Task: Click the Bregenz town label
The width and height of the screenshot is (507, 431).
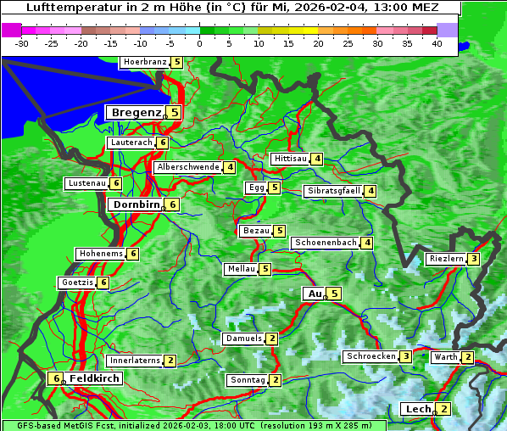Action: pyautogui.click(x=135, y=112)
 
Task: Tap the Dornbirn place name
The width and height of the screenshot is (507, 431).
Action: pyautogui.click(x=136, y=204)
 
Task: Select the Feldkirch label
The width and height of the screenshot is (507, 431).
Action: pyautogui.click(x=94, y=378)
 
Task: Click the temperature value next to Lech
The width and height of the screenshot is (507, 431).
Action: pyautogui.click(x=443, y=409)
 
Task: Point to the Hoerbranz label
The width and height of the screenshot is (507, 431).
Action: pyautogui.click(x=144, y=62)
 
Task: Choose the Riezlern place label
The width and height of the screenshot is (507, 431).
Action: pyautogui.click(x=446, y=259)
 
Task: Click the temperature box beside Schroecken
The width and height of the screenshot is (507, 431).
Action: pyautogui.click(x=406, y=356)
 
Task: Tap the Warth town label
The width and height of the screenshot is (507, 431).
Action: pyautogui.click(x=446, y=357)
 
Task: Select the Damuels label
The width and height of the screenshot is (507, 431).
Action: pyautogui.click(x=243, y=339)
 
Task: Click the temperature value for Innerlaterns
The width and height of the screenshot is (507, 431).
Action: pyautogui.click(x=170, y=361)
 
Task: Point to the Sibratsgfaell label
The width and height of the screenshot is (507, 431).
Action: pyautogui.click(x=333, y=191)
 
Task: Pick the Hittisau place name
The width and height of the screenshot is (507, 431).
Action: pyautogui.click(x=290, y=159)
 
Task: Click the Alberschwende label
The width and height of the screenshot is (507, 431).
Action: pyautogui.click(x=188, y=167)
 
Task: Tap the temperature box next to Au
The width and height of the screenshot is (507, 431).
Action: pyautogui.click(x=335, y=294)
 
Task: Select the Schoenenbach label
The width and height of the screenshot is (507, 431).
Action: pyautogui.click(x=326, y=243)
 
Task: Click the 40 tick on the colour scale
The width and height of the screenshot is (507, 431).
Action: pyautogui.click(x=437, y=42)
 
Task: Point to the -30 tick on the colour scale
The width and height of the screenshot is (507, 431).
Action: pyautogui.click(x=22, y=42)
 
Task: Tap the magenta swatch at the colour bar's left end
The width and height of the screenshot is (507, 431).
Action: pyautogui.click(x=12, y=30)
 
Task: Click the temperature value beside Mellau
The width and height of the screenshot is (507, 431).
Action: pyautogui.click(x=265, y=269)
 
